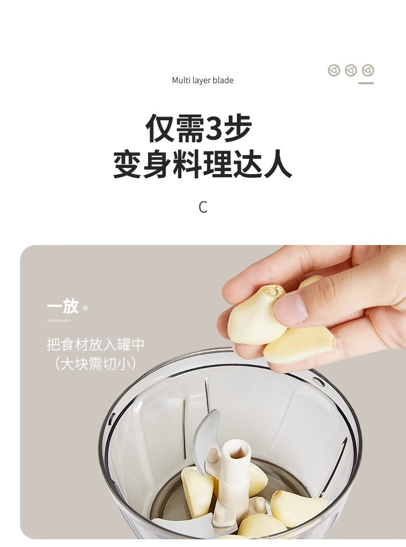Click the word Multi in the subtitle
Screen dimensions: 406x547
click(x=181, y=80)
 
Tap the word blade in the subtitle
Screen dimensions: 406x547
click(x=223, y=80)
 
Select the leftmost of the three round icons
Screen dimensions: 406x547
click(x=334, y=70)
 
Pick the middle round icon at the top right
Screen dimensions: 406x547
click(x=351, y=70)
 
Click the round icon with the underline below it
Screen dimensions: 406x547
click(x=368, y=70)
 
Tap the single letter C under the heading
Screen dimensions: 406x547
click(x=203, y=207)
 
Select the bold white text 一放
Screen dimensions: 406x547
click(x=63, y=306)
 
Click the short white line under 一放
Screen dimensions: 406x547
click(x=59, y=320)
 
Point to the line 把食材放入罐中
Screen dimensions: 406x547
click(x=95, y=345)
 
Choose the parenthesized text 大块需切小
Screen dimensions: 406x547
click(x=95, y=364)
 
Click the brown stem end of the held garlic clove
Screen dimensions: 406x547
click(x=274, y=291)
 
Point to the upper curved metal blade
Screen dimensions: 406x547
click(x=204, y=440)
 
